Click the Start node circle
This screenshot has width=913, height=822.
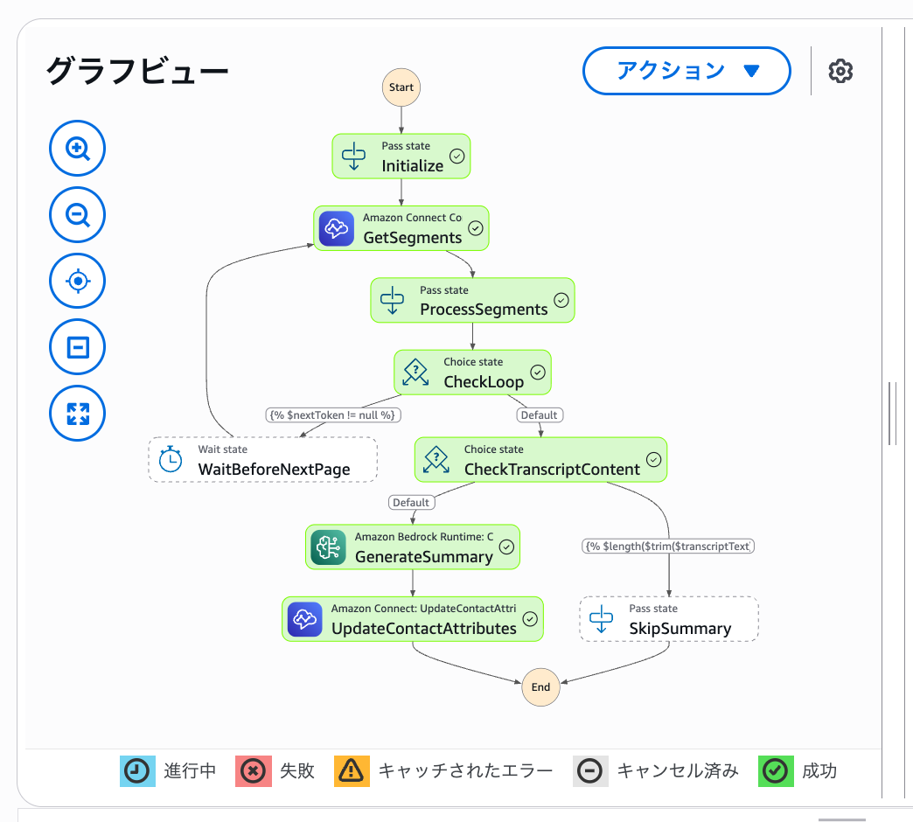point(401,87)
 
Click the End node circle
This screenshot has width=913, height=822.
point(540,686)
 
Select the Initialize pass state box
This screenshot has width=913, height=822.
point(401,157)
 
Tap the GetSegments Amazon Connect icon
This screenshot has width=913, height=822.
point(336,228)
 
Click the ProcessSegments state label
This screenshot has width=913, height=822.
point(484,309)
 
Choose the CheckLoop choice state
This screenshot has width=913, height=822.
point(472,373)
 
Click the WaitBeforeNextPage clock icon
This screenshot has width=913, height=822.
point(171,460)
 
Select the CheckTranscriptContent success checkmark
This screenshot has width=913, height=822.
point(653,459)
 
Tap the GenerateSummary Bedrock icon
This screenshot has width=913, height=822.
point(328,547)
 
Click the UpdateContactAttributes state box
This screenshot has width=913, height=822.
point(412,619)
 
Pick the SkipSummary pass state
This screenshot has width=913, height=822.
point(668,619)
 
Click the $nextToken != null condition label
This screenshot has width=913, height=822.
point(333,414)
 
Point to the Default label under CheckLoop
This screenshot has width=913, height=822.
point(539,414)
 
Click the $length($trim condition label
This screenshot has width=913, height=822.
point(668,546)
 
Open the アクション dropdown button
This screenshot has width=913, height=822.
point(686,71)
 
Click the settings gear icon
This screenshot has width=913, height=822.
point(840,71)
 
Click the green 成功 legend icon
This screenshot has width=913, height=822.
point(774,771)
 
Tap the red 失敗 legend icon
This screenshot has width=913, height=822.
point(252,771)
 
